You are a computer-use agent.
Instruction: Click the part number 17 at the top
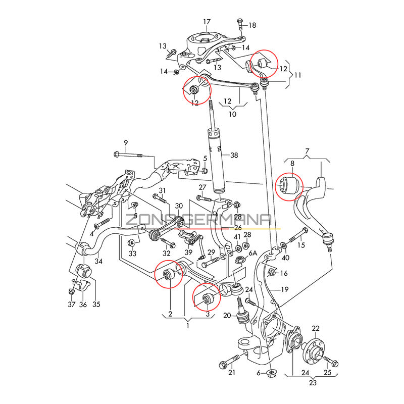pos(207,22)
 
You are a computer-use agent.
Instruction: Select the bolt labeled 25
pos(332,361)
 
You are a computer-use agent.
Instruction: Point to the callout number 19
pos(285,289)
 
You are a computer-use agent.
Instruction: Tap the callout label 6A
pos(252,253)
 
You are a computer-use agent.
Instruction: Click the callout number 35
pos(96,304)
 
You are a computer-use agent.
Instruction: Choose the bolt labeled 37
pos(71,290)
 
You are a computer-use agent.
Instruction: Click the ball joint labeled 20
pos(244,318)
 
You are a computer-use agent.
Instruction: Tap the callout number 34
pos(98,262)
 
